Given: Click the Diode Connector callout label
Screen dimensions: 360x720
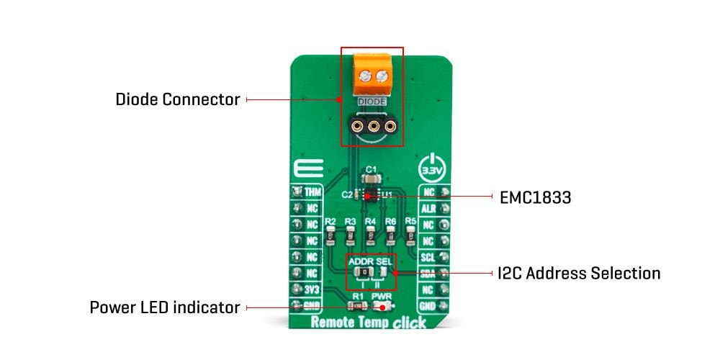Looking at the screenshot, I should point(178,99).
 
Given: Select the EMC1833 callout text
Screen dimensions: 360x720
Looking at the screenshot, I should point(535,197).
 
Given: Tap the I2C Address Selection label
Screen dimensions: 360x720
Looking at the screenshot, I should point(579,273).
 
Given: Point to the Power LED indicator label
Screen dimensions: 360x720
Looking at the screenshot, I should point(164,307).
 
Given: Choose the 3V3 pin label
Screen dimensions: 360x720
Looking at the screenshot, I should point(312,289).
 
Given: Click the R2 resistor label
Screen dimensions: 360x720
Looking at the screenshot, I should point(330,221).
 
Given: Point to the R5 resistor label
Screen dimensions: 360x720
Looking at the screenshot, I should point(410,220).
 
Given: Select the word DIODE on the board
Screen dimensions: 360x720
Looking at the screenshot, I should point(372,102).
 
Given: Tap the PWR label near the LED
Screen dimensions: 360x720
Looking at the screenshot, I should point(381,296).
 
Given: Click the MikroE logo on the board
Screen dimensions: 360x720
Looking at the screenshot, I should point(302,171).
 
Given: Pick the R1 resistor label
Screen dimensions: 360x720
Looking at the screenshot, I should point(357,296).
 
